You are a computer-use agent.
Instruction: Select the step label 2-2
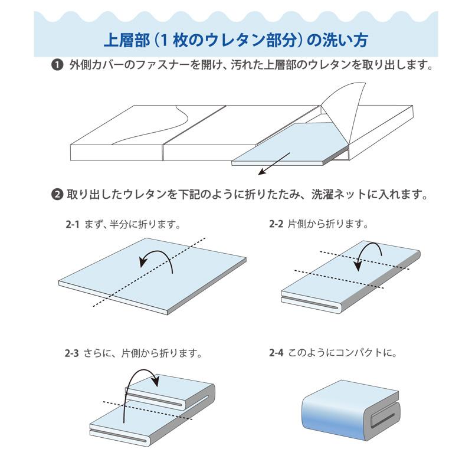[x=276, y=224]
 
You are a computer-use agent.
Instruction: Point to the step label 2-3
[x=72, y=355]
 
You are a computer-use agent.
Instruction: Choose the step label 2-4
[x=276, y=354]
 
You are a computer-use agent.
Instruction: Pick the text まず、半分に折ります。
[x=132, y=225]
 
